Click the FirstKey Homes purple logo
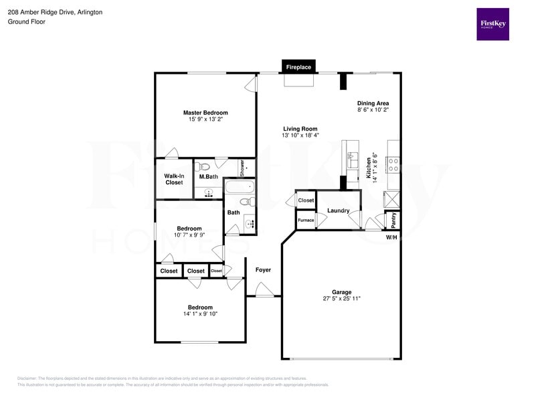point(492,24)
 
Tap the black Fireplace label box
point(298,68)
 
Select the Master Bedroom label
point(205,113)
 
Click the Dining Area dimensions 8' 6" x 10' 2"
point(373,110)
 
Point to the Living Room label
point(300,129)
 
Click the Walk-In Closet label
point(174,179)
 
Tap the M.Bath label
point(209,177)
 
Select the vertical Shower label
point(242,168)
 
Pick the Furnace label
point(306,220)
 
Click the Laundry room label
point(339,210)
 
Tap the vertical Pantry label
point(393,219)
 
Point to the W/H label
point(391,237)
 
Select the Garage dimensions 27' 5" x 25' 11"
point(341,299)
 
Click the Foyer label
point(263,270)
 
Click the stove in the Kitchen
point(393,161)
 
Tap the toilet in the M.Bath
point(205,166)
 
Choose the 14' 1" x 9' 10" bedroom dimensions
point(200,314)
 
